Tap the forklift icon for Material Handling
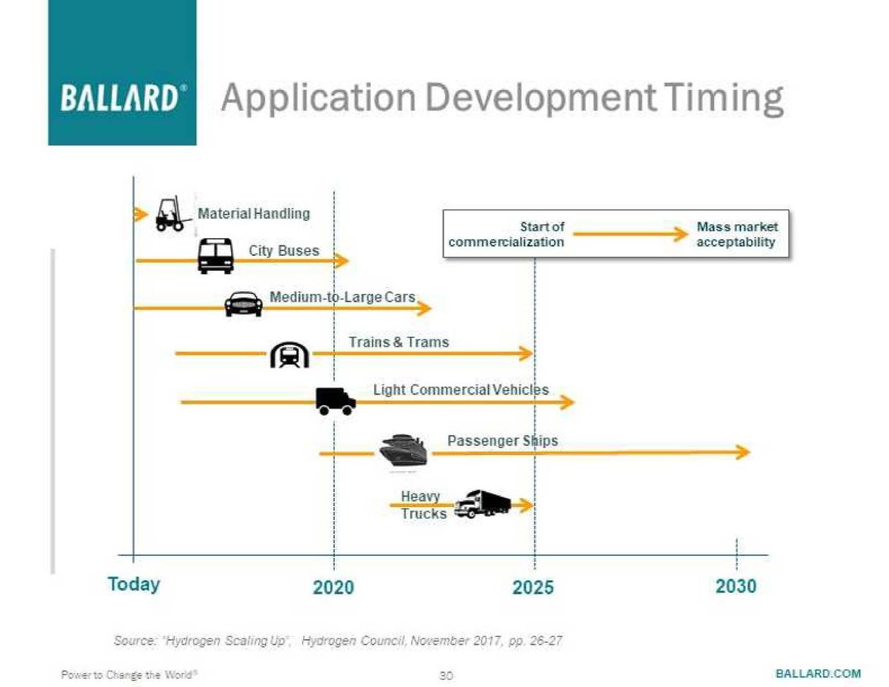coord(170,214)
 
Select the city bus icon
coord(215,256)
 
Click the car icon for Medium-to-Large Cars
coord(243,304)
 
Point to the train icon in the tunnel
coord(290,354)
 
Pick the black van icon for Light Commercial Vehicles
coord(335,401)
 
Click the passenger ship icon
coord(404,450)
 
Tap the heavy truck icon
coord(482,503)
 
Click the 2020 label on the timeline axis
coord(333,587)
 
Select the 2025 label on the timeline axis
coord(533,587)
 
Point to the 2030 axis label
coord(736,586)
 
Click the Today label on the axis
coord(134,584)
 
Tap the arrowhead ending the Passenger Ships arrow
coord(743,451)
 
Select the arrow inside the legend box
coord(630,234)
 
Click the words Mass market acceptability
coord(736,234)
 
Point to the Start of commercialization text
coord(506,234)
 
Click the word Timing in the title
coord(723,98)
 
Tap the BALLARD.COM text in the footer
coord(818,673)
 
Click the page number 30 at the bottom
coord(446,675)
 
